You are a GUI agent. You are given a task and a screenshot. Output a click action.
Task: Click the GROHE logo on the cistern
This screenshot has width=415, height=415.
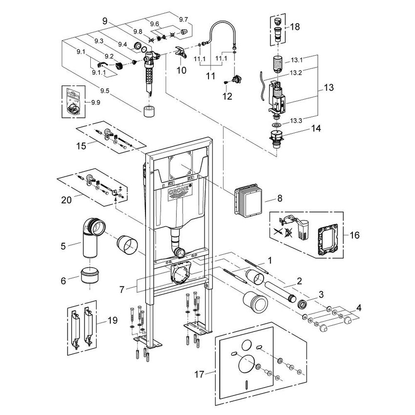click(179, 191)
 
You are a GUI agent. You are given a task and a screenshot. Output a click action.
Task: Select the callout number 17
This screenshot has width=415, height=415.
click(198, 375)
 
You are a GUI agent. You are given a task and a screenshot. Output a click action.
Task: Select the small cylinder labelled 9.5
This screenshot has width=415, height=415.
click(150, 110)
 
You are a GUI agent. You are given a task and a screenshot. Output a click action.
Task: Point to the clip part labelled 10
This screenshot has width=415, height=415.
click(180, 53)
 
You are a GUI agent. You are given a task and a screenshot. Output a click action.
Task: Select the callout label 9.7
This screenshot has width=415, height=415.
click(184, 19)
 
